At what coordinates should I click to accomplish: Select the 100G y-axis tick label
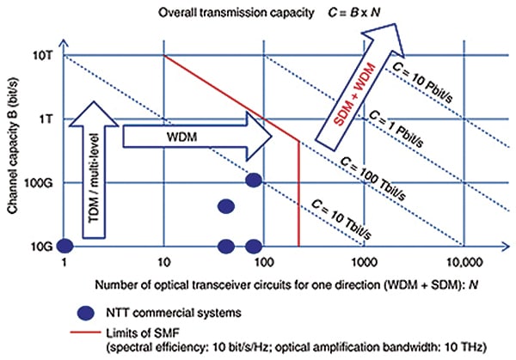pyautogui.click(x=40, y=183)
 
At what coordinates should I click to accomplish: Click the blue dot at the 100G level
pyautogui.click(x=253, y=180)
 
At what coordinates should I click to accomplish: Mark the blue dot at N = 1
pyautogui.click(x=64, y=247)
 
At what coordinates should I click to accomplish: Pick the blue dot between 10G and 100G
pyautogui.click(x=226, y=206)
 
